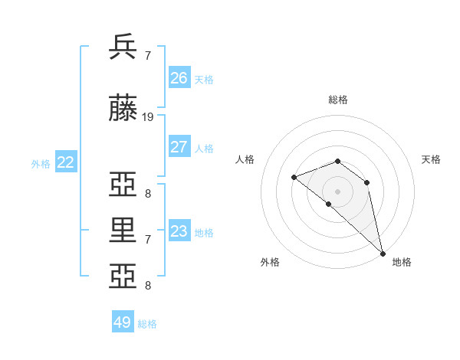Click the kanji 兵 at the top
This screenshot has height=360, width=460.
123,47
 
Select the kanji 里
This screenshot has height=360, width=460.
123,231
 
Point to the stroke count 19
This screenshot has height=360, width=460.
148,117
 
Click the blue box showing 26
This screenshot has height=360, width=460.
179,78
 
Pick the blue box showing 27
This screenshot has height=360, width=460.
179,147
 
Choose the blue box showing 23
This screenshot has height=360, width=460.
179,231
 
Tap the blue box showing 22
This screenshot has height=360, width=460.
66,162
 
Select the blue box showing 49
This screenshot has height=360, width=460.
123,322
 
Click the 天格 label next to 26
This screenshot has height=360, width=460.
204,80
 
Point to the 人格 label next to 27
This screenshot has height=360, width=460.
204,149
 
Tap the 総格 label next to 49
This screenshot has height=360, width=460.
147,324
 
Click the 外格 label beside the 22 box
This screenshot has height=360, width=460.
41,164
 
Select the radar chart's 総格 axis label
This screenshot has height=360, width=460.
338,100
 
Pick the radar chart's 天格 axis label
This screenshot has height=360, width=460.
431,159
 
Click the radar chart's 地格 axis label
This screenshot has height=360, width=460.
402,262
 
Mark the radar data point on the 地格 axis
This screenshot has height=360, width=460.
382,253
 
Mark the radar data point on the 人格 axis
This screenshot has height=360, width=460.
294,177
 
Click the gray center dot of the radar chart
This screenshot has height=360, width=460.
338,191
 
